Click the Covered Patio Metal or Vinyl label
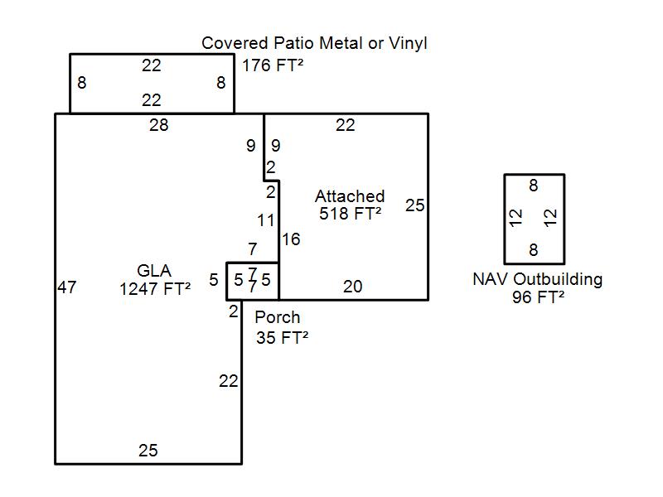click(x=315, y=43)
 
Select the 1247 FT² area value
click(x=155, y=289)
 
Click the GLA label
click(x=154, y=271)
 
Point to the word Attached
click(x=350, y=196)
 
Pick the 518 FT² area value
click(x=350, y=214)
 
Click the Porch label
click(x=278, y=317)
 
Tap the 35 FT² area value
click(x=283, y=337)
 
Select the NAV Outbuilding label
click(x=537, y=279)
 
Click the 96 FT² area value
click(x=538, y=297)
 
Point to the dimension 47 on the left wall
click(x=67, y=287)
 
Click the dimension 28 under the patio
click(x=158, y=125)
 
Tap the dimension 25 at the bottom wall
click(x=148, y=451)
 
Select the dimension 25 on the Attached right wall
click(x=415, y=205)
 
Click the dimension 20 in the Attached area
click(x=352, y=287)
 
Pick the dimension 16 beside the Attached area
click(x=291, y=239)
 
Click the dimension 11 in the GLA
click(x=266, y=221)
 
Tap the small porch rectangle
click(x=252, y=281)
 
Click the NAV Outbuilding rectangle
click(x=534, y=219)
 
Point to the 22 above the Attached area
click(x=346, y=125)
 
